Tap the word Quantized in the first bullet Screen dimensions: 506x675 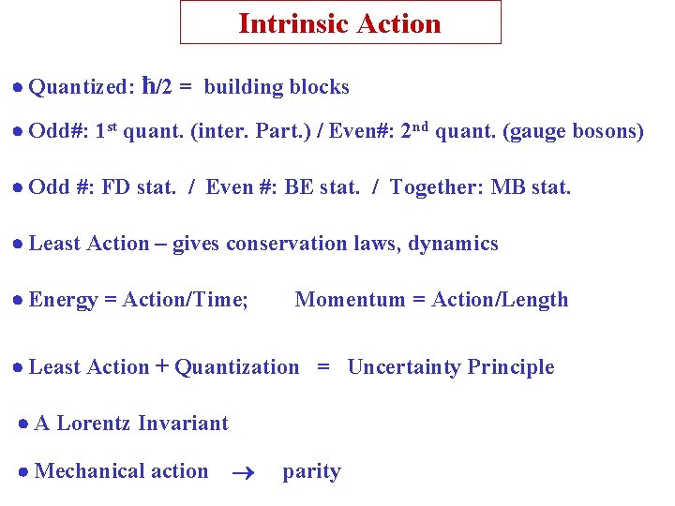coord(81,88)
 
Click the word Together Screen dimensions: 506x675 coord(435,187)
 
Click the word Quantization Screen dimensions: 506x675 coord(237,367)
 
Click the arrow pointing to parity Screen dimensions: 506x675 coord(243,473)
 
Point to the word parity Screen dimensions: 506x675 coord(311,472)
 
